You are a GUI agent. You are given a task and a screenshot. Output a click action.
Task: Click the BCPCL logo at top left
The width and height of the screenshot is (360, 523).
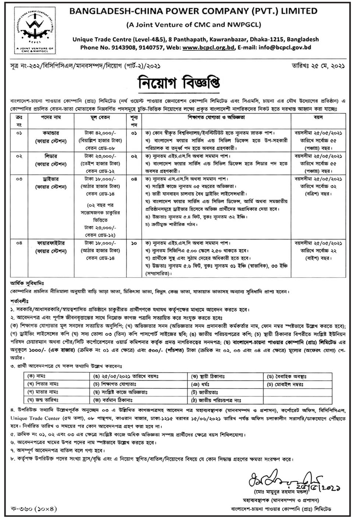29,29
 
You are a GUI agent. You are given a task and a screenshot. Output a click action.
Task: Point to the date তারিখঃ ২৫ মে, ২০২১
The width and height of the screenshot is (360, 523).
318,65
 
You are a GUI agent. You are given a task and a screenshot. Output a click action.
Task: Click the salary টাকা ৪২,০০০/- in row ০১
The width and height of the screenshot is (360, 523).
98,133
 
